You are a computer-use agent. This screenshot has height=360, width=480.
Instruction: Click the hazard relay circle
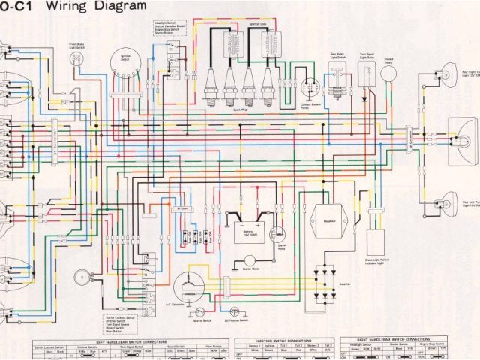389,73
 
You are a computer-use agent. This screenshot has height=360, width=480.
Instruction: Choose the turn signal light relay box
367,76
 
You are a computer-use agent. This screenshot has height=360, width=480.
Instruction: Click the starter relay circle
279,218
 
